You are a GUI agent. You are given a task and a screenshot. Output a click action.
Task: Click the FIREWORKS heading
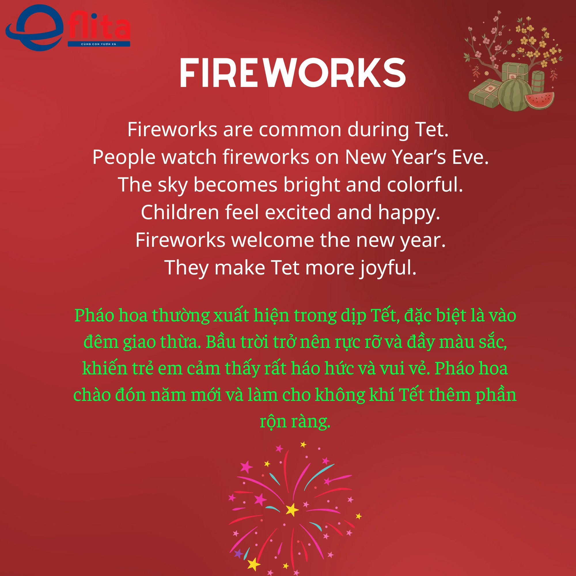click(293, 73)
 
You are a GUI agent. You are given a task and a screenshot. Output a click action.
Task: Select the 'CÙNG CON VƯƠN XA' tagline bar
click(99, 44)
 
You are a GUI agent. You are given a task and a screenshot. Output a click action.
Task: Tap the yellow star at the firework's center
click(292, 509)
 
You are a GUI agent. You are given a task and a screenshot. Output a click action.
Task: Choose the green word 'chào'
click(92, 395)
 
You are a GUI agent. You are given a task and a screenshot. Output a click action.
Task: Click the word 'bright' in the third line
click(312, 185)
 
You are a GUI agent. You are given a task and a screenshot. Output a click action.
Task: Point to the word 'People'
click(124, 157)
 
